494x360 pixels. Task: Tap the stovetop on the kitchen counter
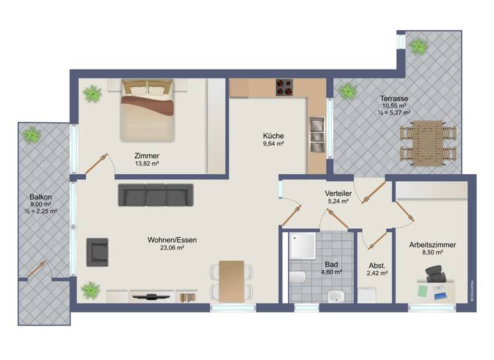(x=285, y=87)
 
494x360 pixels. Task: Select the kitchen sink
(x=316, y=131)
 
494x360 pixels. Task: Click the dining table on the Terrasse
(x=428, y=143)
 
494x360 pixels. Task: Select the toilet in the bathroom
(x=297, y=277)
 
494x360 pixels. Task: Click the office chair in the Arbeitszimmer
(x=435, y=278)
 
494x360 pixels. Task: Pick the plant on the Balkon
(x=32, y=135)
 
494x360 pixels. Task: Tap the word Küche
(x=273, y=136)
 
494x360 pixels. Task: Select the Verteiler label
(x=338, y=193)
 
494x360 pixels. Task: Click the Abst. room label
(x=377, y=265)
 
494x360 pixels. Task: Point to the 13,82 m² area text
(x=147, y=164)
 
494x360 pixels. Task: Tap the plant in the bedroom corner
(x=93, y=94)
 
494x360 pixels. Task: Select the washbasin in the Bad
(x=336, y=296)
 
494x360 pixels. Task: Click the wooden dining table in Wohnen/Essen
(x=232, y=280)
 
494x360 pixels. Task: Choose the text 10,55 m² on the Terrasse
(x=394, y=105)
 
